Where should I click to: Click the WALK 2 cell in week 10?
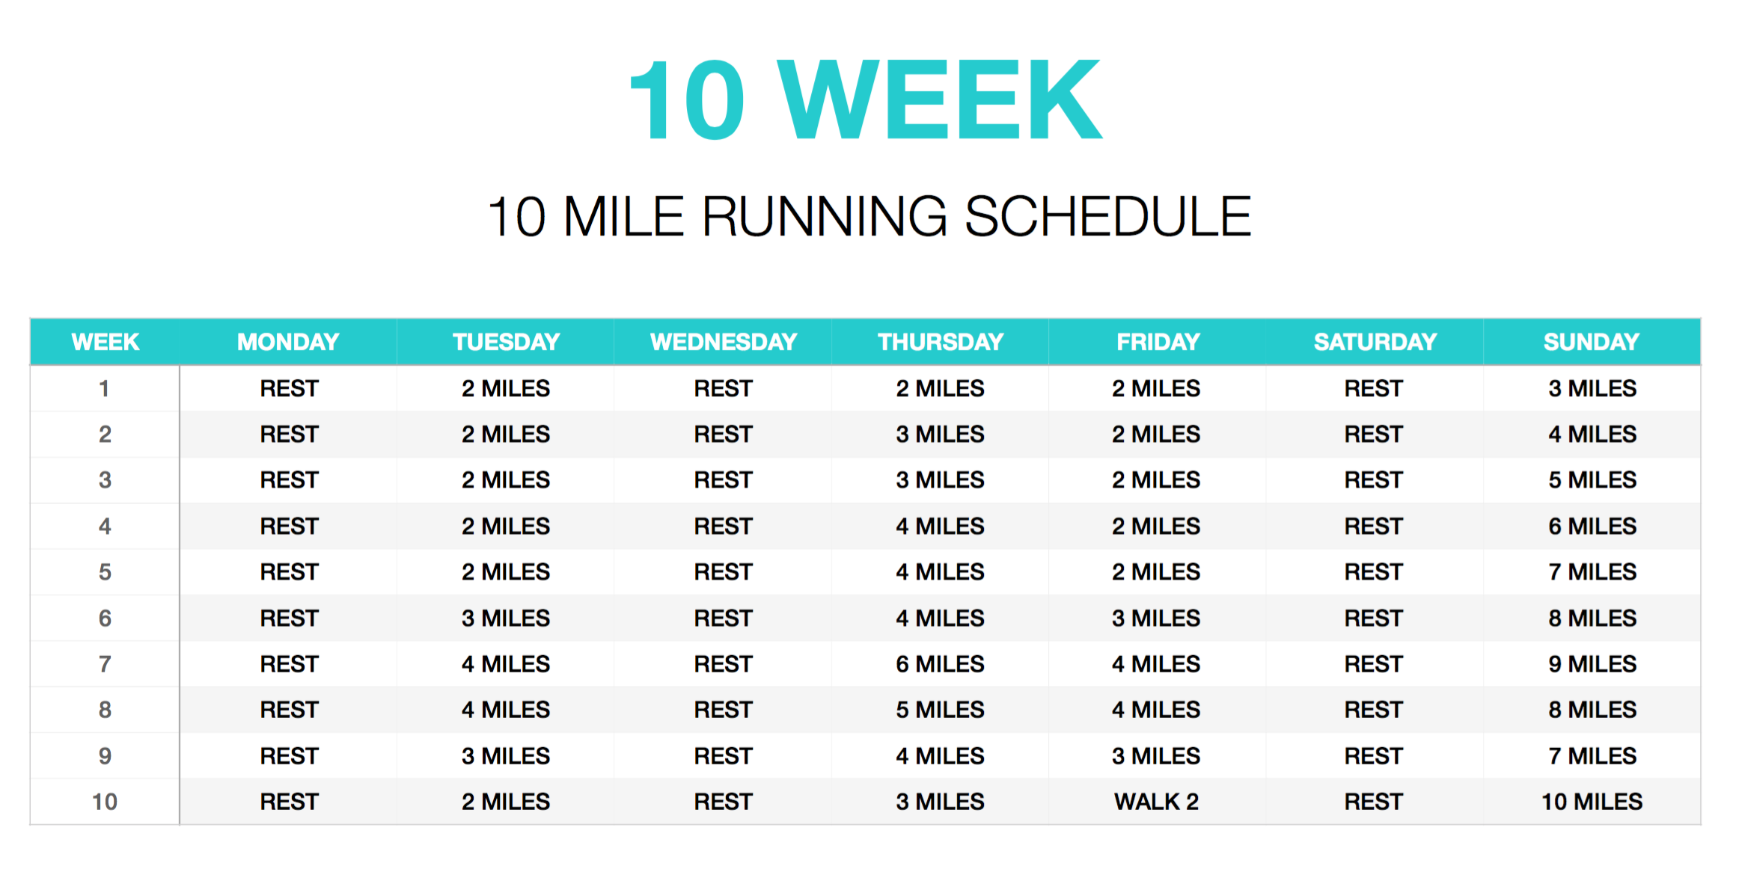click(1156, 802)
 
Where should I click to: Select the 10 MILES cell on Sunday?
click(1592, 802)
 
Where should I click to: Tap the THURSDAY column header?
click(941, 342)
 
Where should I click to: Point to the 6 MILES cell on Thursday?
click(940, 664)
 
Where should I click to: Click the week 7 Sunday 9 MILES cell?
click(1592, 664)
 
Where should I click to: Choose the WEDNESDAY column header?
click(724, 342)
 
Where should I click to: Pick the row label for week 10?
click(105, 802)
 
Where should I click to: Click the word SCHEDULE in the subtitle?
click(1108, 217)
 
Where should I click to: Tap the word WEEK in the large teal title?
click(940, 99)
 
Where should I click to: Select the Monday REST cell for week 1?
click(290, 388)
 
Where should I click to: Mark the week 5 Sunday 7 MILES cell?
click(1592, 572)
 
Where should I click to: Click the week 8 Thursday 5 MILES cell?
click(940, 710)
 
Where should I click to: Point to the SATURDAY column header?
click(1375, 342)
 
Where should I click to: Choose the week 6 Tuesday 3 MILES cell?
click(506, 619)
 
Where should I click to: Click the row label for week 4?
click(105, 527)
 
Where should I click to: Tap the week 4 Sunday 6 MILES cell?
click(1592, 527)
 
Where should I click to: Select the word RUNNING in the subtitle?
click(825, 217)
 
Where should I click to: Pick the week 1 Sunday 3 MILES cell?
click(1592, 388)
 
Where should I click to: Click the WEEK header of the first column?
click(106, 342)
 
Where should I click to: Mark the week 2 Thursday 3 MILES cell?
click(940, 435)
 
